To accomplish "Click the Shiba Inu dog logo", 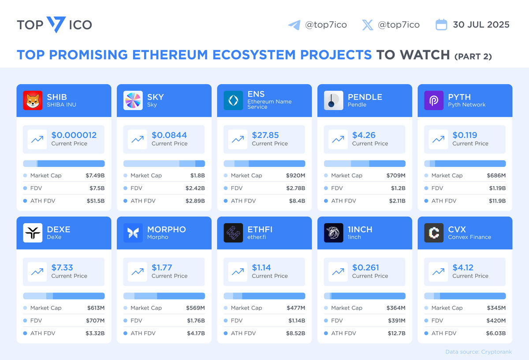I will tap(33, 101).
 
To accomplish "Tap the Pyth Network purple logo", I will tap(434, 101).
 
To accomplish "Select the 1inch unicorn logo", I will tap(333, 233).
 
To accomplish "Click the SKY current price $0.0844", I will tap(169, 135).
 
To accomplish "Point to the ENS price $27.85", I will tap(265, 135).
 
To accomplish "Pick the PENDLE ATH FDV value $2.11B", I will tap(397, 201).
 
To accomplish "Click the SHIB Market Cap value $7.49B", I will tap(95, 176).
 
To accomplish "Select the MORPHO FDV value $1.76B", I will tap(195, 321).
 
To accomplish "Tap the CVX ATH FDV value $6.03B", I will tap(496, 333).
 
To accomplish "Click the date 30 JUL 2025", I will tap(481, 25).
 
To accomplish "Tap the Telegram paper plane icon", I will tap(294, 25).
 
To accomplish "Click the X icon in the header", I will tap(367, 25).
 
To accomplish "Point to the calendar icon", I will tap(441, 25).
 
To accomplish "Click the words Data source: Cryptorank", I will tap(479, 352).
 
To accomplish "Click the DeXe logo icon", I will tap(33, 233).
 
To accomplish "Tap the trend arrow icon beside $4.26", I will tap(338, 139).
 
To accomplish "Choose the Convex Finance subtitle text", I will tap(469, 237).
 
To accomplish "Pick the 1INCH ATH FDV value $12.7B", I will tap(396, 333).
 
